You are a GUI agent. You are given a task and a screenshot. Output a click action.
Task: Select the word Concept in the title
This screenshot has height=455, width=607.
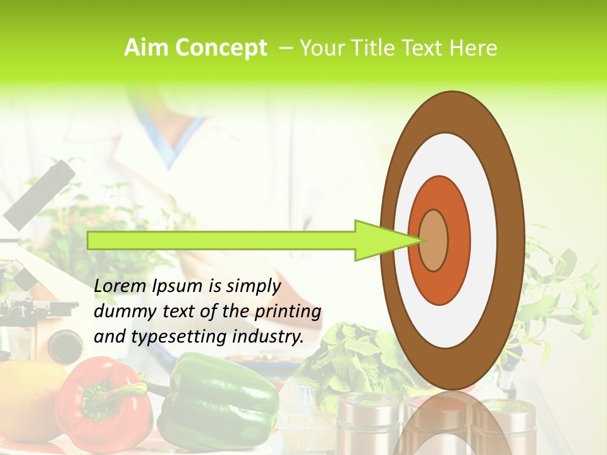(x=221, y=48)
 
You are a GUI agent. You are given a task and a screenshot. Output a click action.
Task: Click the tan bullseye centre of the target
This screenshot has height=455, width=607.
(x=434, y=240)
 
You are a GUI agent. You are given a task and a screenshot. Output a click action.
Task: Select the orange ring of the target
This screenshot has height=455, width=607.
(x=458, y=240)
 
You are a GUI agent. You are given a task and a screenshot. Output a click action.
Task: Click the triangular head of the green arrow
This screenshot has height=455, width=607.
(x=379, y=240)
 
